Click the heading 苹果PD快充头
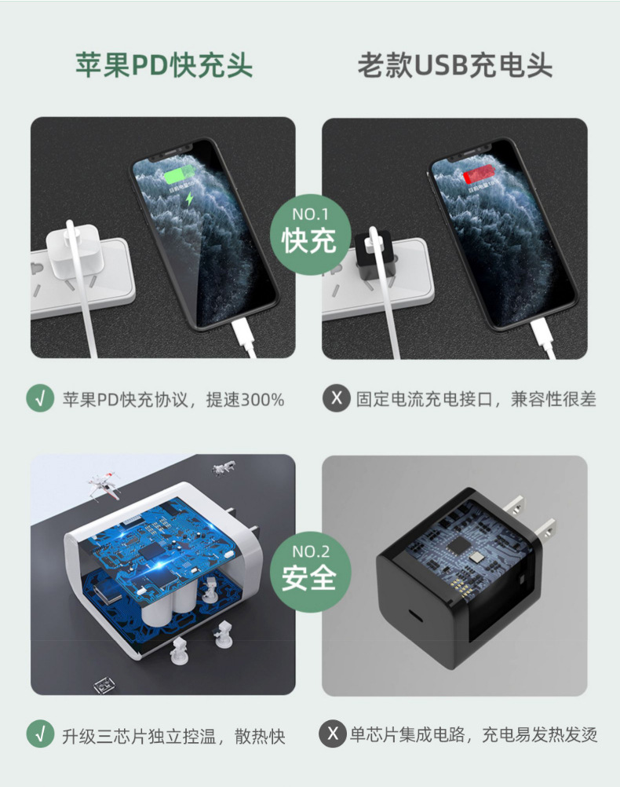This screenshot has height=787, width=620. pos(164,65)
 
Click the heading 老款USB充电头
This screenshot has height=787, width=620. pos(455,65)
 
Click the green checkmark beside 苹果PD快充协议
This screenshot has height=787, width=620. pos(40,398)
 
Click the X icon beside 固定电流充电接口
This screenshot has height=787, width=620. pos(336,398)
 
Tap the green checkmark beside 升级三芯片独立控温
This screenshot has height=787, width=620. pos(40,735)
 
